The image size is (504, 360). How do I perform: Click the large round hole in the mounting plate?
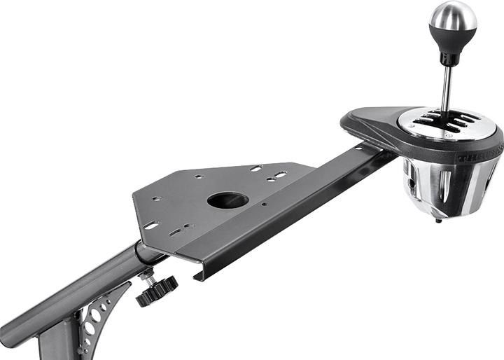(227, 200)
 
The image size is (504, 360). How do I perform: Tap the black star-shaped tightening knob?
(156, 291)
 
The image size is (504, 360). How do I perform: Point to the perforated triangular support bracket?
(97, 318)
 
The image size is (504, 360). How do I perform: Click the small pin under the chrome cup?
(438, 221)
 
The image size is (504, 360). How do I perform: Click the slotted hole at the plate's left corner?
(151, 226)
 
